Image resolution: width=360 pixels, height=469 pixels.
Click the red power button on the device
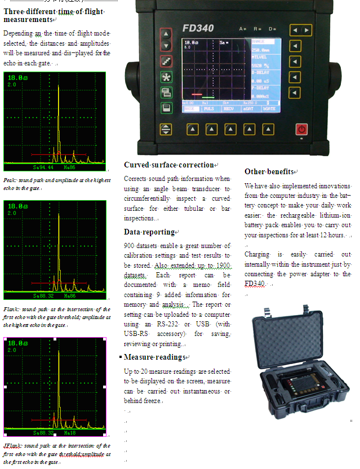[x=302, y=129]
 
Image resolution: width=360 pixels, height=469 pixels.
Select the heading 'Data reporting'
[x=150, y=232]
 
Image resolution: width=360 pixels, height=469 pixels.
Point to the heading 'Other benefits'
[x=269, y=171]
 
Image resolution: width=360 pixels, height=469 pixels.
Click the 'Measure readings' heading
[x=154, y=357]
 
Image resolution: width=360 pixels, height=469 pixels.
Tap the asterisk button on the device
[x=166, y=77]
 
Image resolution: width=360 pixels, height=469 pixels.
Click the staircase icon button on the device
[x=166, y=61]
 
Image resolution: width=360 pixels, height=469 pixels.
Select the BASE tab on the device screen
[x=191, y=109]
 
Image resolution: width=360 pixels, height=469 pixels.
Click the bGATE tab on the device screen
[x=269, y=109]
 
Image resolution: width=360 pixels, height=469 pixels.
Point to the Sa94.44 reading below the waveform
[x=43, y=168]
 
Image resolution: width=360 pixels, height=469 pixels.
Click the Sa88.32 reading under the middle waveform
[x=43, y=296]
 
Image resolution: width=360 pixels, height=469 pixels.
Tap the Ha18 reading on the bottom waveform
[x=70, y=433]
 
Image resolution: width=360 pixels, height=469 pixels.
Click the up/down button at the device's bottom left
[x=166, y=129]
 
